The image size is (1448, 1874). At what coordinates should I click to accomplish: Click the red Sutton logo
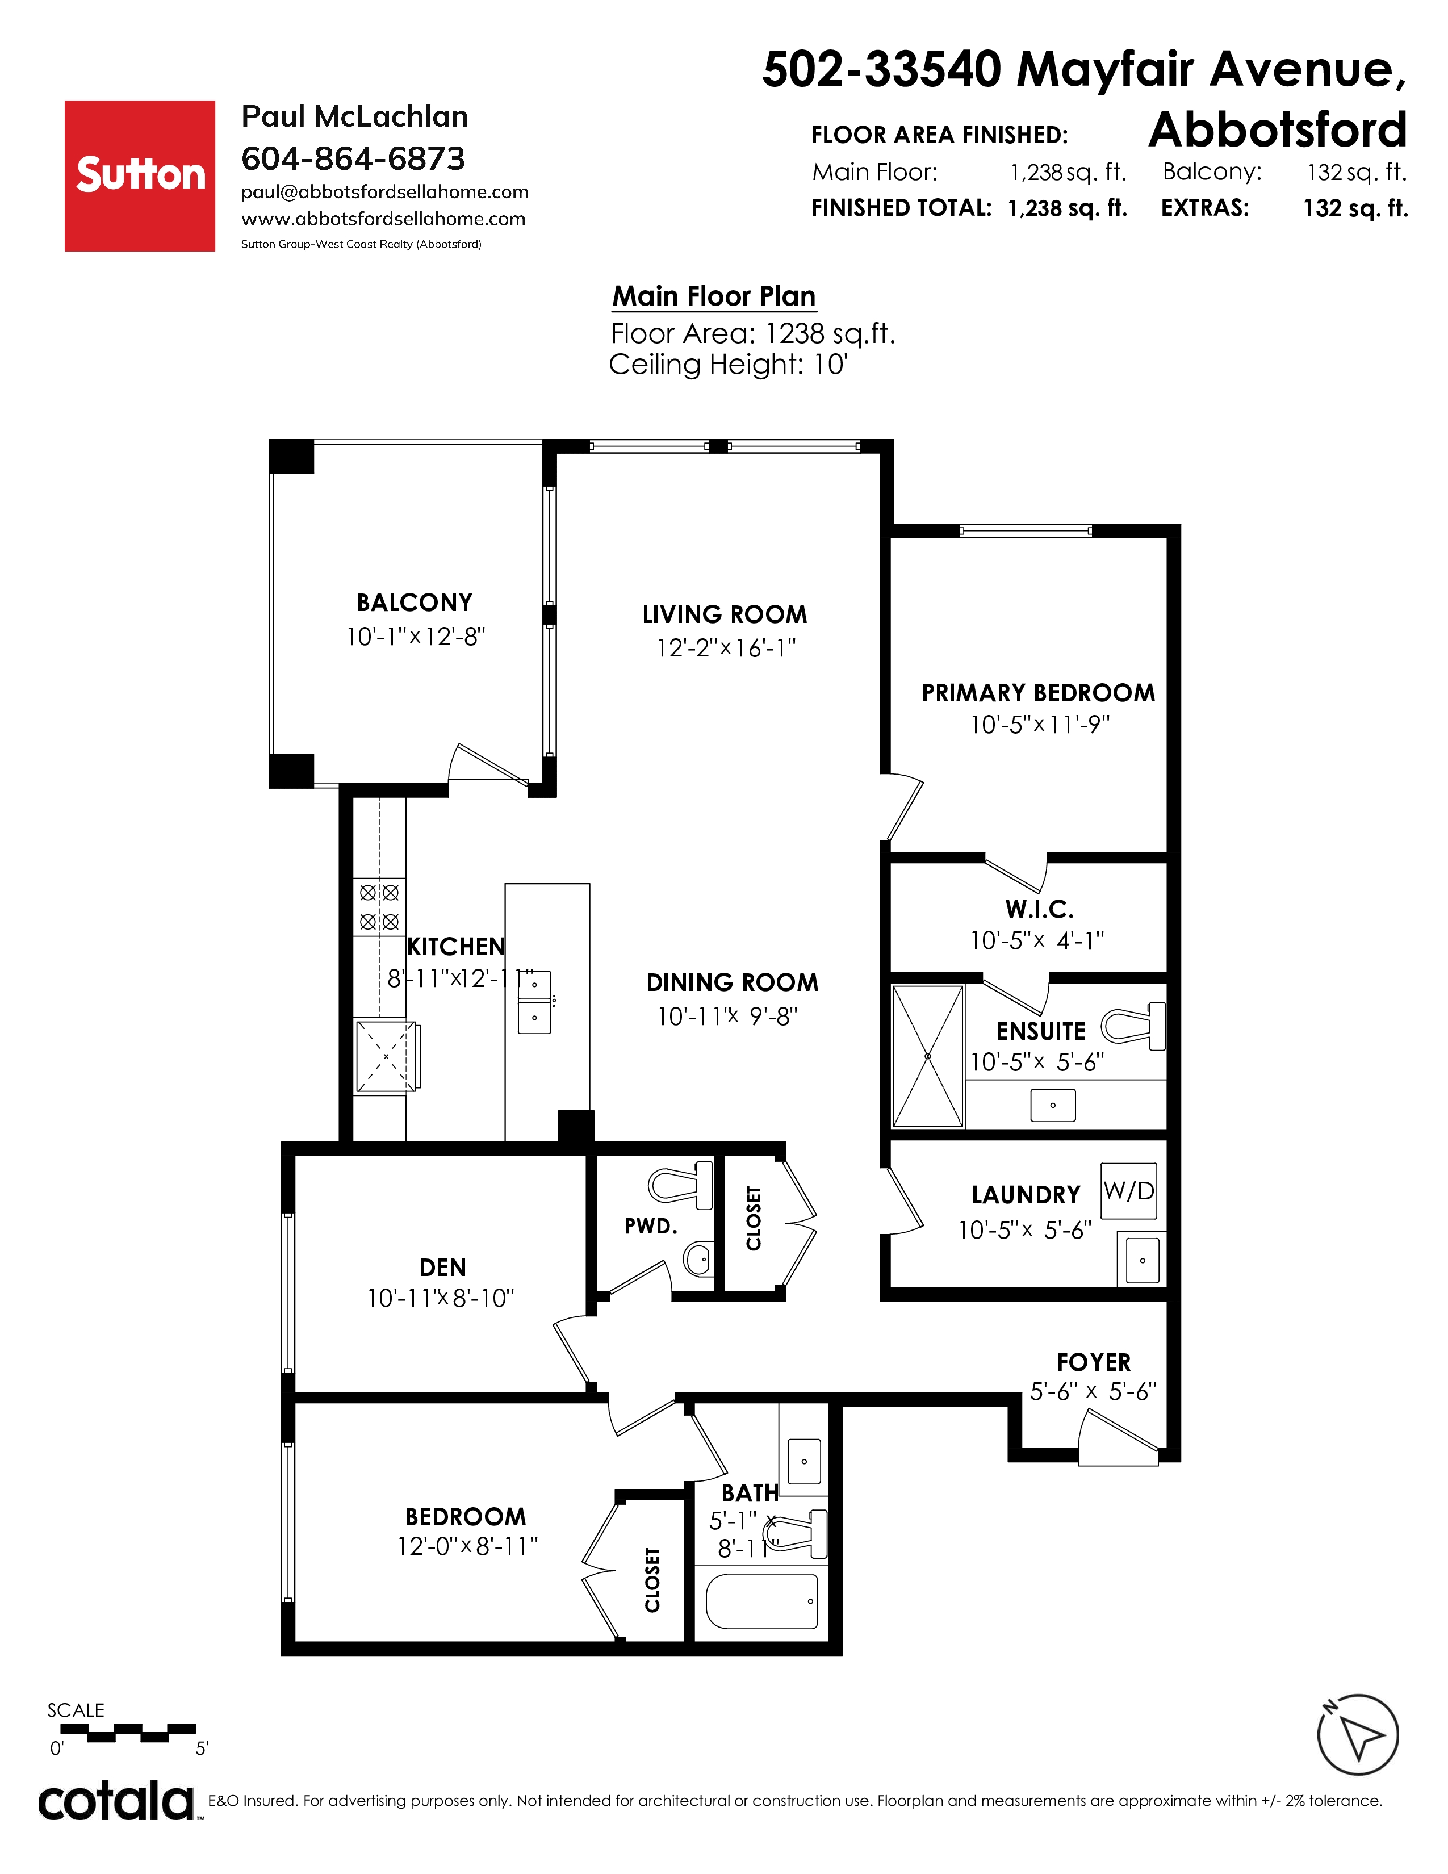[140, 176]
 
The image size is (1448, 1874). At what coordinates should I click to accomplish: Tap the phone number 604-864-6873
[353, 159]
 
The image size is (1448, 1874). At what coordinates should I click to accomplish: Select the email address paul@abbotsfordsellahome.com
[384, 192]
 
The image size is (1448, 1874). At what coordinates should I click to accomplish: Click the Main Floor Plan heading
[714, 296]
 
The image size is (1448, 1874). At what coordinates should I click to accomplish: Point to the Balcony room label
[415, 603]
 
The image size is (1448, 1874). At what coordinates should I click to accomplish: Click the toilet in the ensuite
[1133, 1026]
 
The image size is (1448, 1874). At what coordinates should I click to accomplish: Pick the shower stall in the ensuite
[928, 1056]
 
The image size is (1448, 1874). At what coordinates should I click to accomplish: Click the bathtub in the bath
[761, 1601]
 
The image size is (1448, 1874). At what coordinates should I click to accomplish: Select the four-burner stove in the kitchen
[379, 907]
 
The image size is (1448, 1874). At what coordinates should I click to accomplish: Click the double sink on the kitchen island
[534, 1002]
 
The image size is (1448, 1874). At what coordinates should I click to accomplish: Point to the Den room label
[443, 1268]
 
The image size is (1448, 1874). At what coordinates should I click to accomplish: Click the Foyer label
[1094, 1362]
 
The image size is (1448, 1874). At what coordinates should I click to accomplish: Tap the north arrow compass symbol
[1357, 1735]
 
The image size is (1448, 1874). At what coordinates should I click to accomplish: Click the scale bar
[128, 1733]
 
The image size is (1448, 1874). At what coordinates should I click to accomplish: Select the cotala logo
[116, 1800]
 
